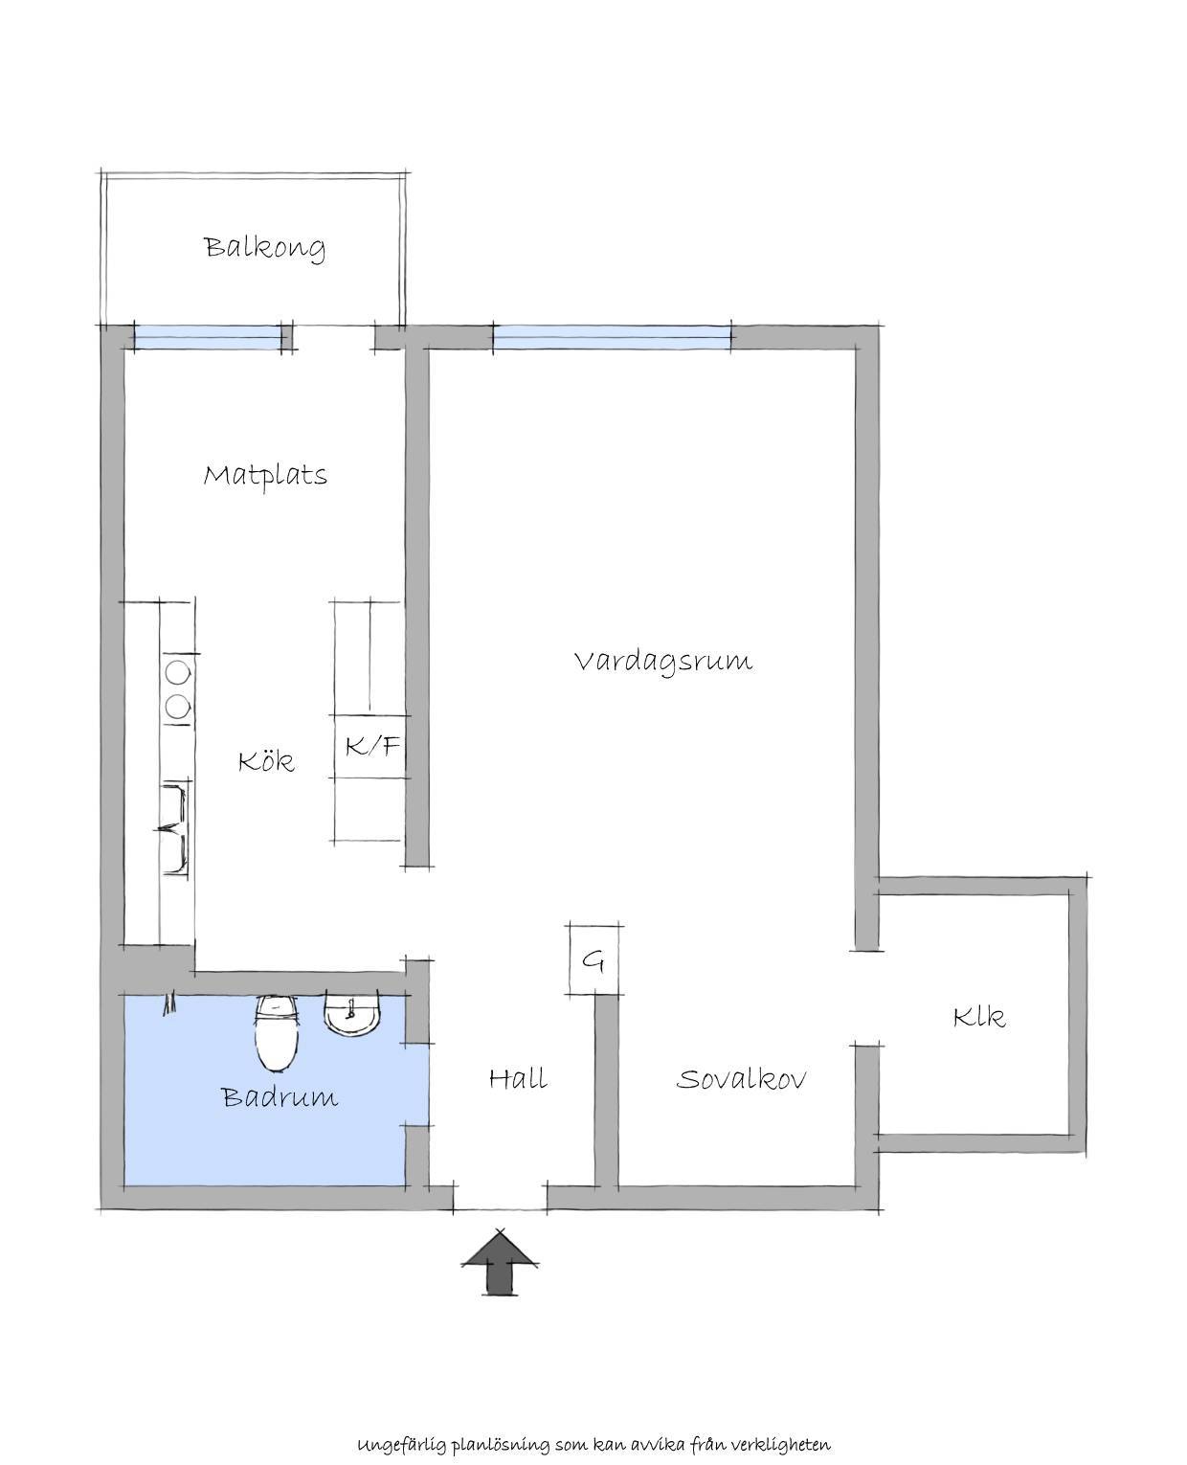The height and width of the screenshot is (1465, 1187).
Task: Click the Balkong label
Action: [265, 248]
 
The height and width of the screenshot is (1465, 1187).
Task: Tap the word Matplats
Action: [265, 475]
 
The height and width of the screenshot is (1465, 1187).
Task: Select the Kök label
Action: [266, 760]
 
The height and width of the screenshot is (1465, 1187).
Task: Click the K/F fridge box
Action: [370, 746]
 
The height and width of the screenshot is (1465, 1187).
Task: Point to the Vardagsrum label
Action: [663, 661]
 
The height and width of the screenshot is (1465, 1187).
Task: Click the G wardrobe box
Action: [593, 959]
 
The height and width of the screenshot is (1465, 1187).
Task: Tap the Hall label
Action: [519, 1078]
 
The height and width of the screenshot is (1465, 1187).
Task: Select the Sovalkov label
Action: [741, 1078]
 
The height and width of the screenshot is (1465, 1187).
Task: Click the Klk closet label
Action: [979, 1017]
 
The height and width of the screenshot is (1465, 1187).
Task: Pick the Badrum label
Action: [280, 1097]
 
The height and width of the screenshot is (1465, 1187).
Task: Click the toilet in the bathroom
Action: [278, 1034]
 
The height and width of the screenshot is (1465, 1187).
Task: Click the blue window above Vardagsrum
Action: [612, 337]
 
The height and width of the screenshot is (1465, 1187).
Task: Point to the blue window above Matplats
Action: [208, 337]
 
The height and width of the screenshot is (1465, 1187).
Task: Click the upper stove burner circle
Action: [177, 672]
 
